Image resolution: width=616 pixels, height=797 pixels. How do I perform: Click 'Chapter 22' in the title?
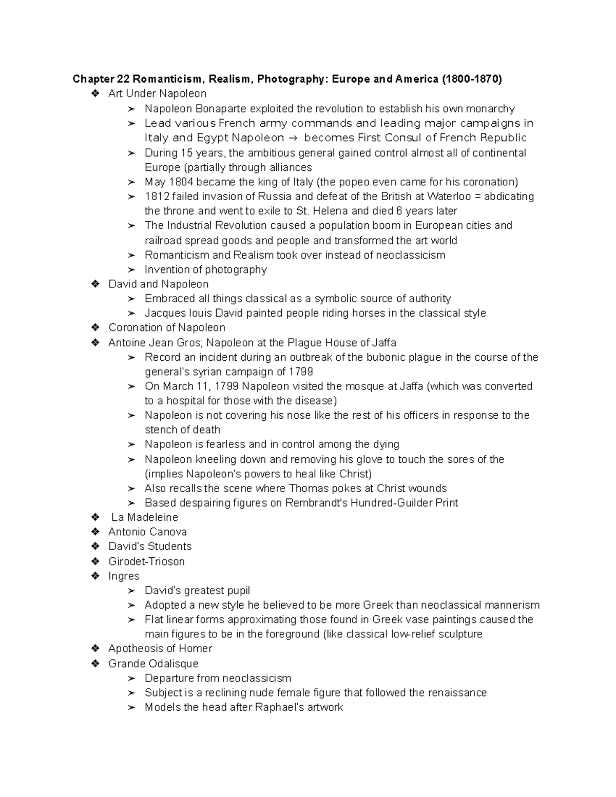(x=101, y=79)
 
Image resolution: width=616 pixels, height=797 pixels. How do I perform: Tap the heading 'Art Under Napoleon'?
(x=157, y=94)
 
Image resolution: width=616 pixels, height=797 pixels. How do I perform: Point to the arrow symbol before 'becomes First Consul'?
(x=294, y=138)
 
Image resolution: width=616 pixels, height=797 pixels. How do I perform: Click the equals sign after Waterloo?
(x=478, y=197)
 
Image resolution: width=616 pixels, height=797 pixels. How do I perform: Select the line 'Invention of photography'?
(x=205, y=270)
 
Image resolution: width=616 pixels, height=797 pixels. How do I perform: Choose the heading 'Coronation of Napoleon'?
(x=167, y=328)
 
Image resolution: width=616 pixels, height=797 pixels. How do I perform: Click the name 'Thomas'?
(x=309, y=489)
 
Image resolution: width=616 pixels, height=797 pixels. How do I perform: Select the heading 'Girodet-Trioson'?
(x=146, y=561)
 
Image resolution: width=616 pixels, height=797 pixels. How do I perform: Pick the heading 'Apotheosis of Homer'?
(x=160, y=649)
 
